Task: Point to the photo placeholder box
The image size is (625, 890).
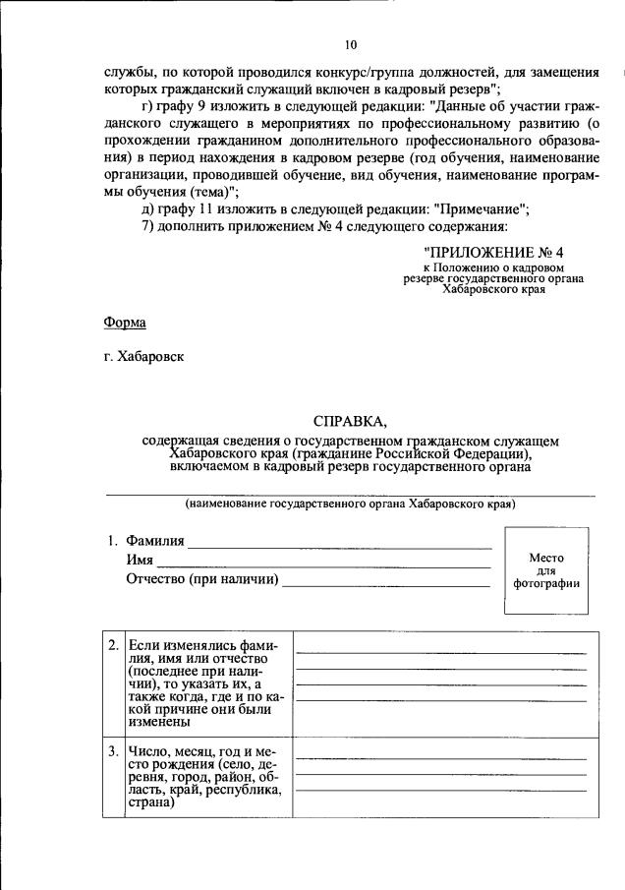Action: (545, 570)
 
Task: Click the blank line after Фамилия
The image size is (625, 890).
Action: (339, 543)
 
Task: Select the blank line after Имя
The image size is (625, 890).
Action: (323, 562)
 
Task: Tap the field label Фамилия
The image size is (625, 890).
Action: (154, 542)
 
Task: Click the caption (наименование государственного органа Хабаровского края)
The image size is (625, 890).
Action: (351, 504)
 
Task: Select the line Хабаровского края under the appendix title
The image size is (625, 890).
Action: (493, 291)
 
